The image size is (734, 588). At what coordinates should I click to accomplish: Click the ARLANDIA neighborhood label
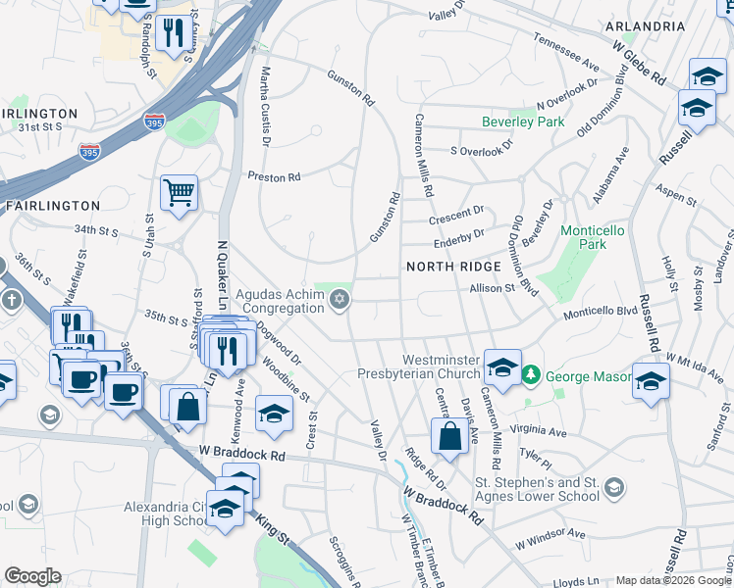(x=645, y=25)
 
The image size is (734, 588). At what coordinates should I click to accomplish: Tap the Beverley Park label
(x=523, y=122)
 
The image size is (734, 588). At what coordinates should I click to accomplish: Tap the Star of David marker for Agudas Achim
(x=340, y=299)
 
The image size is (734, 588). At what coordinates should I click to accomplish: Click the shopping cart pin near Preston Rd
(x=180, y=192)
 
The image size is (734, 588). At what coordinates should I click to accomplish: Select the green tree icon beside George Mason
(x=531, y=374)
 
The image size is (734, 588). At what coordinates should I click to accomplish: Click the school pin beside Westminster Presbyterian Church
(x=502, y=367)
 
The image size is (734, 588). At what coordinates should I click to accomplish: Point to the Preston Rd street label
(x=274, y=177)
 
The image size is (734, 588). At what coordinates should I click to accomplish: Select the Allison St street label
(x=493, y=289)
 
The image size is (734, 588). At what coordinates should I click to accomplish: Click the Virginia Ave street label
(x=544, y=431)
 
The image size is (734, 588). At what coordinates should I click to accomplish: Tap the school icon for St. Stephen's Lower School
(x=614, y=487)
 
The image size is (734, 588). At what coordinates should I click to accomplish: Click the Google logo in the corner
(x=32, y=576)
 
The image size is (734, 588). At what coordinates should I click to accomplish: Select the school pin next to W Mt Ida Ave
(x=651, y=380)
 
